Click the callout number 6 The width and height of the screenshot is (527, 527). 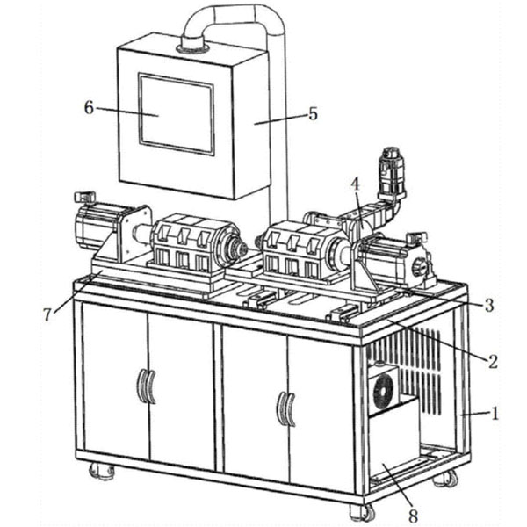[89, 108]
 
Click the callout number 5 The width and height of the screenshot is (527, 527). [313, 114]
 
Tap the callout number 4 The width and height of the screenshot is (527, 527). [355, 184]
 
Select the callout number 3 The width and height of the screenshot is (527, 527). [489, 305]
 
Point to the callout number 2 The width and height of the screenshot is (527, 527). [493, 361]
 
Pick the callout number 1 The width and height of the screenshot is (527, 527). [495, 414]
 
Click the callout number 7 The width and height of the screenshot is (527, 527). [47, 314]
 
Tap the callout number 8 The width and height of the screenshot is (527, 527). [413, 516]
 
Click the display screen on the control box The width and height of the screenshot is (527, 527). [177, 114]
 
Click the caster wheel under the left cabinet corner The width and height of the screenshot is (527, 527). [102, 471]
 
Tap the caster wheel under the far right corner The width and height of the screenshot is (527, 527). [446, 478]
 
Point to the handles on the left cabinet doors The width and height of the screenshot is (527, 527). [147, 386]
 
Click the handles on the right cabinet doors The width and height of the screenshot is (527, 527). [286, 408]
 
